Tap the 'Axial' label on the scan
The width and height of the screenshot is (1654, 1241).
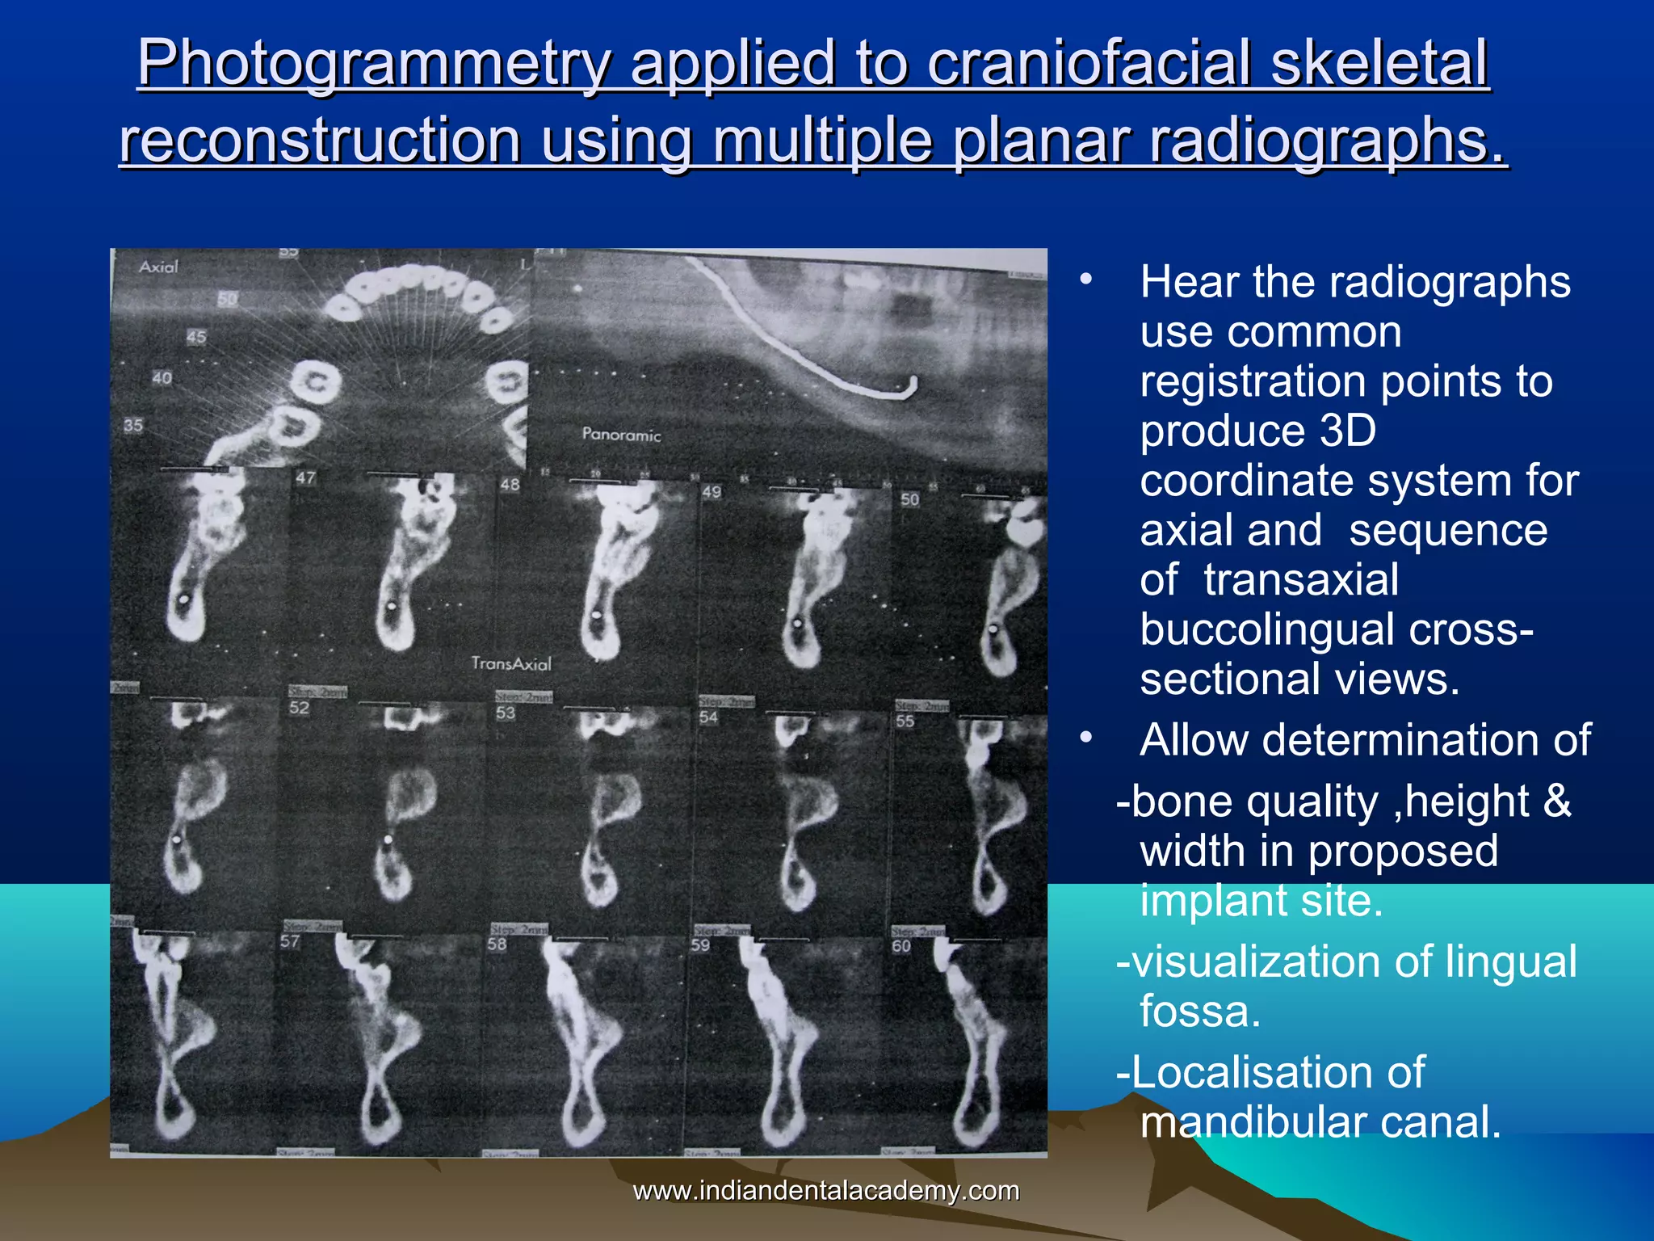158,267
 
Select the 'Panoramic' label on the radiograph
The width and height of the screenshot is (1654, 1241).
621,435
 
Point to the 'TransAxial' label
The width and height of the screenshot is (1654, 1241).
511,664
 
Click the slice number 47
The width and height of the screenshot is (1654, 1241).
305,477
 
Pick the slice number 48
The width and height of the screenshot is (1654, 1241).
510,485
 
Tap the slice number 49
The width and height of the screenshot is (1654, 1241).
712,491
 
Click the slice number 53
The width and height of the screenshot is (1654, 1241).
506,713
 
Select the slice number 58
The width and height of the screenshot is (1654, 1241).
497,944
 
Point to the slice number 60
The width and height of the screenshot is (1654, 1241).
901,946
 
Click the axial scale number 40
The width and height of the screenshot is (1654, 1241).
162,378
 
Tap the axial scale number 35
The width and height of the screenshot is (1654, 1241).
133,425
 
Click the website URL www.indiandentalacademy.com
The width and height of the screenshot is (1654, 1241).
825,1191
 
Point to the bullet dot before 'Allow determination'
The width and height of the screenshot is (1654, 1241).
1086,737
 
